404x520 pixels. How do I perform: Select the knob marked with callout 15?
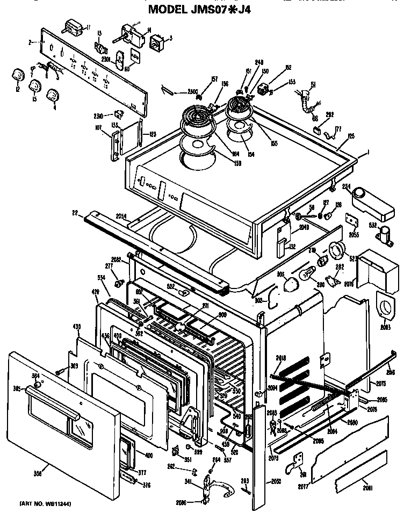(35, 85)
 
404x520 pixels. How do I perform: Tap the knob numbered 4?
(52, 96)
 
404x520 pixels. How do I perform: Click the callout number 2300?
(192, 91)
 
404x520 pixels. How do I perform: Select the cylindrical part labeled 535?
(385, 235)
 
